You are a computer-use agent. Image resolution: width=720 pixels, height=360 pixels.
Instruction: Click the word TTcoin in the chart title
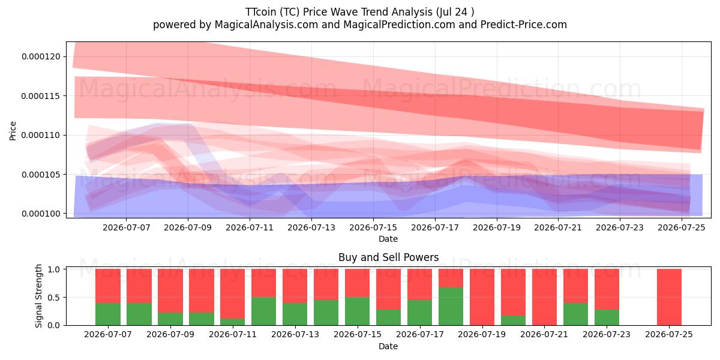click(x=260, y=12)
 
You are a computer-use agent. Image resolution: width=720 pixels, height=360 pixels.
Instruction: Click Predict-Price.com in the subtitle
click(x=524, y=25)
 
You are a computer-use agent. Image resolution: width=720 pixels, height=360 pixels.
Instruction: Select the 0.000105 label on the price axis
click(x=41, y=175)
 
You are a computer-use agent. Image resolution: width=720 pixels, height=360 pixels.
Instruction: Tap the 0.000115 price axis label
click(x=41, y=96)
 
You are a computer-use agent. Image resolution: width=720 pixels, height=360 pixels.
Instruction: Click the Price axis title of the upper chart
click(x=13, y=131)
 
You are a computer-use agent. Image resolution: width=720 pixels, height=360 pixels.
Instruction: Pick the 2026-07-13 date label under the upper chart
click(x=311, y=227)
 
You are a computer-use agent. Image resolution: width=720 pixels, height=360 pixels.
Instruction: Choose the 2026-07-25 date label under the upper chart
click(x=682, y=227)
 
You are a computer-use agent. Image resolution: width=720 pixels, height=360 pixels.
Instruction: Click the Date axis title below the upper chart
click(x=388, y=239)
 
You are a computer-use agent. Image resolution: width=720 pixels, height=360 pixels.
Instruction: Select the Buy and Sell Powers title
click(x=388, y=257)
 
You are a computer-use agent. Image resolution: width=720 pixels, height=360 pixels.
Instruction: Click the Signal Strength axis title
click(x=38, y=296)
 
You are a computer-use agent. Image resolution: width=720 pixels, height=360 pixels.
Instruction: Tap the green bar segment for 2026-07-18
click(x=451, y=307)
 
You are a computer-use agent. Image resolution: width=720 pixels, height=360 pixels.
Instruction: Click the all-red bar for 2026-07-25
click(x=669, y=297)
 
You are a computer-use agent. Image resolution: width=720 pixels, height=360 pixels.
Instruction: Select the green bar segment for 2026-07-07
click(x=107, y=314)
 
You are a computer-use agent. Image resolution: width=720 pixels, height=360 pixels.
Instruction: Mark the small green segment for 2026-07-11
click(x=232, y=322)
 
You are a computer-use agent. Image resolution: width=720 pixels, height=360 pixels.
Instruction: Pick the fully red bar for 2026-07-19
click(x=482, y=297)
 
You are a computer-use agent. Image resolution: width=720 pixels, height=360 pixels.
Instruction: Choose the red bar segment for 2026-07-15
click(x=357, y=283)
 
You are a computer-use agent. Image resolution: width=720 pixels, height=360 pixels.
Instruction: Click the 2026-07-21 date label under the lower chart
click(x=544, y=334)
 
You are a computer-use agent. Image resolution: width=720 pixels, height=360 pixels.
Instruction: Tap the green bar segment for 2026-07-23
click(x=607, y=317)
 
